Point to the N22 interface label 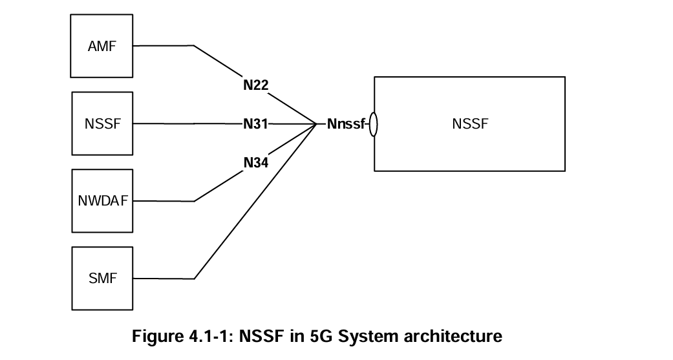click(256, 85)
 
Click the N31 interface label click(255, 123)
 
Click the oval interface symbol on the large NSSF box click(373, 124)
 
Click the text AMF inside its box click(102, 47)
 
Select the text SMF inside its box click(102, 279)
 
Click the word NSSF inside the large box click(470, 124)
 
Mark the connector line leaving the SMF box click(164, 279)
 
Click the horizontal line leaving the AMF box click(164, 47)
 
